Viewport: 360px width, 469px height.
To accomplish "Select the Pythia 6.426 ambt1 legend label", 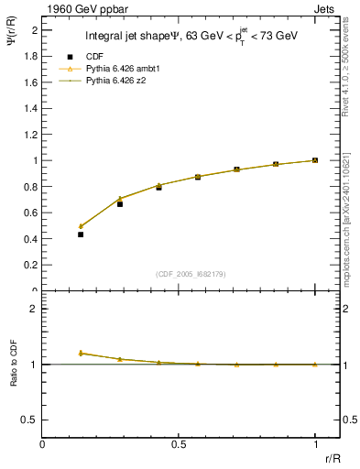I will click(x=119, y=70).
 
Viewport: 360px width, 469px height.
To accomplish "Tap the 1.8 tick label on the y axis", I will click(x=31, y=56).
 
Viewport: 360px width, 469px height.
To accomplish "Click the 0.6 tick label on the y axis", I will click(x=31, y=213).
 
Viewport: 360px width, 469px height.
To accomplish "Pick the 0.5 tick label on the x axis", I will click(x=178, y=443).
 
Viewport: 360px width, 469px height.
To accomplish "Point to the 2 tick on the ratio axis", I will click(x=35, y=309).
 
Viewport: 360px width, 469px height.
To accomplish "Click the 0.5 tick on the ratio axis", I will click(x=30, y=420).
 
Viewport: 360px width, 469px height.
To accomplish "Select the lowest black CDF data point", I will click(x=81, y=234).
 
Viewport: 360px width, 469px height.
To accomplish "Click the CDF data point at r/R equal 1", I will click(x=315, y=160).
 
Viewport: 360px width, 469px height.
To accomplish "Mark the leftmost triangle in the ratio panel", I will click(x=81, y=353).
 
